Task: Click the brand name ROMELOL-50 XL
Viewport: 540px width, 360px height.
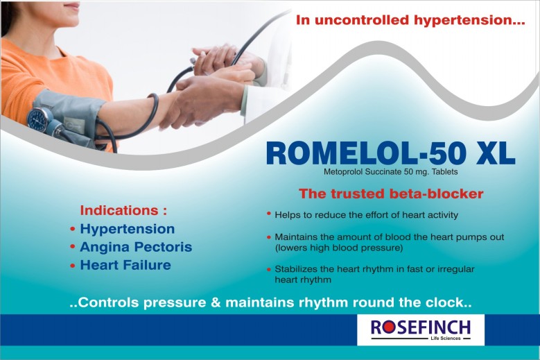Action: pyautogui.click(x=391, y=153)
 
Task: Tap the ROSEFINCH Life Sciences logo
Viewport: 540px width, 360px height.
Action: pyautogui.click(x=421, y=329)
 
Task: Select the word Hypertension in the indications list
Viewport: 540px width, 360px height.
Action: pyautogui.click(x=128, y=230)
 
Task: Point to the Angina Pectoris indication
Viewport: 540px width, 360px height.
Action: pyautogui.click(x=136, y=247)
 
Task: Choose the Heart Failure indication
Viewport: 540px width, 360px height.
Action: pyautogui.click(x=125, y=265)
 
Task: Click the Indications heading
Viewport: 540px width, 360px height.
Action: pyautogui.click(x=123, y=210)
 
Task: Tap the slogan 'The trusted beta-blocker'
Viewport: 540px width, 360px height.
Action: pyautogui.click(x=391, y=194)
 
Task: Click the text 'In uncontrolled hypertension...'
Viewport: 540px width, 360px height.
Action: pyautogui.click(x=410, y=20)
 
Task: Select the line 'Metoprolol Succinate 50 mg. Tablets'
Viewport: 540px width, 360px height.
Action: pyautogui.click(x=390, y=171)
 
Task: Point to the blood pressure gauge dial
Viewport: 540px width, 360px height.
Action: pyautogui.click(x=40, y=119)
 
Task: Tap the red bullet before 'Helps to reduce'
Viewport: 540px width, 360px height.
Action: pyautogui.click(x=269, y=214)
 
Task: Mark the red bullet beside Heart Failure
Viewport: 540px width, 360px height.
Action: pyautogui.click(x=72, y=266)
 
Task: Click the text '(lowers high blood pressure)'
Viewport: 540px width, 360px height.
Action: pyautogui.click(x=339, y=248)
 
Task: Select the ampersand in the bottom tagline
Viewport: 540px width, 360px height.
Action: pyautogui.click(x=216, y=302)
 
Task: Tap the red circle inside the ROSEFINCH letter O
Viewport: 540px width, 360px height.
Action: pyautogui.click(x=388, y=327)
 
